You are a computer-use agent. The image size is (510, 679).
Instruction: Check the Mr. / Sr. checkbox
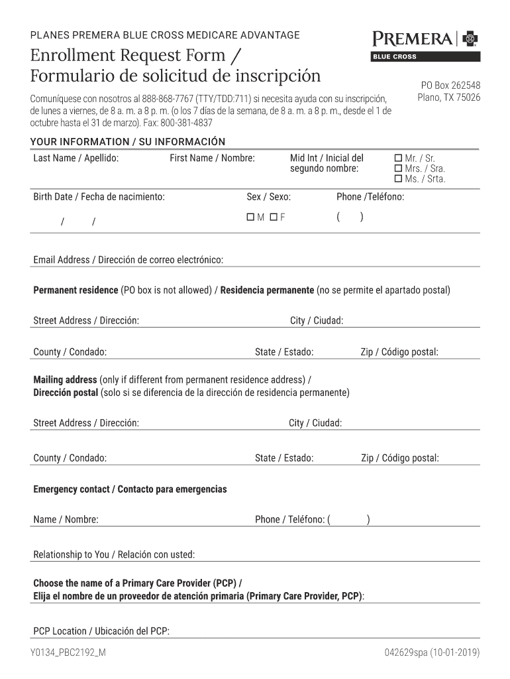[x=398, y=158]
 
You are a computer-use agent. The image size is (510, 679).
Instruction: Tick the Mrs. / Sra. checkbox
[x=398, y=168]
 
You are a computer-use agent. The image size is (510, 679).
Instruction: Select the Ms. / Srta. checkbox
[x=398, y=179]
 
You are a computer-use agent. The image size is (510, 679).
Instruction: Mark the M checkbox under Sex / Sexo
[x=250, y=217]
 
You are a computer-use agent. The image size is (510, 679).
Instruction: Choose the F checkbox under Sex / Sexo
[x=273, y=217]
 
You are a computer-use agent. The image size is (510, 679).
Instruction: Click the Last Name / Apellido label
[x=76, y=158]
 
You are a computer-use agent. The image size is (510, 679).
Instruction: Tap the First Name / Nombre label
[x=212, y=158]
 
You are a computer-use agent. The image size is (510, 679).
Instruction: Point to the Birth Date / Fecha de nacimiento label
[x=99, y=197]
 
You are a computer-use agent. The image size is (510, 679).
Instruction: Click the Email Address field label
[x=128, y=260]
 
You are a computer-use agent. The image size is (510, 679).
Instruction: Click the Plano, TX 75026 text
[x=448, y=97]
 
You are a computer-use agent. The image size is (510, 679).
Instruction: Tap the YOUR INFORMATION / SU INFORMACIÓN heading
[x=128, y=142]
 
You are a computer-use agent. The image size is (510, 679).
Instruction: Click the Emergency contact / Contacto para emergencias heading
[x=130, y=489]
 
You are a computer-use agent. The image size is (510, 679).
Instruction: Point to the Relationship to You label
[x=114, y=554]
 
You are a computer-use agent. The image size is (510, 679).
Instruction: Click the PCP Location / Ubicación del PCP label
[x=101, y=631]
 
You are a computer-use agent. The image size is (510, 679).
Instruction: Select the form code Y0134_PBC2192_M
[x=68, y=653]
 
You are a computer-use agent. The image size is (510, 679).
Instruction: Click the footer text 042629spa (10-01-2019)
[x=432, y=653]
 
